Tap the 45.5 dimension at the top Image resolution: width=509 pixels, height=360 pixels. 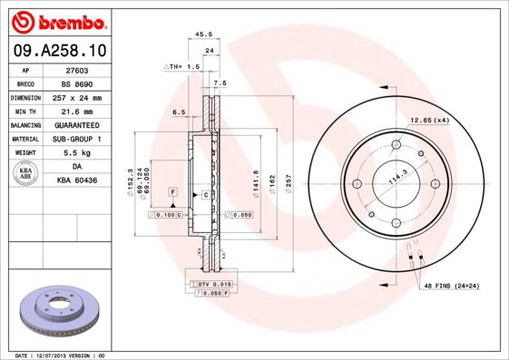(x=204, y=34)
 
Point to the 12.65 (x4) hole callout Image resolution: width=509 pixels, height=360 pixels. (x=429, y=120)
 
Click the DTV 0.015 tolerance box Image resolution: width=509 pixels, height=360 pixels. (x=210, y=285)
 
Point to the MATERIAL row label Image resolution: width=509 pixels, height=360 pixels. (x=24, y=139)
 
